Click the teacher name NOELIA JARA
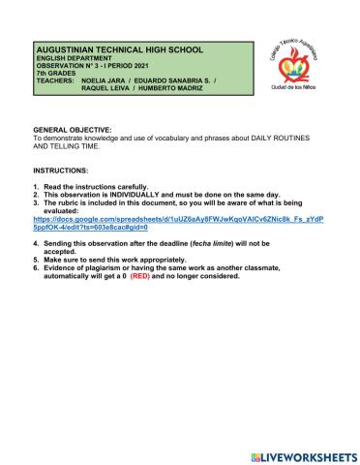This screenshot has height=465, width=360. (108, 82)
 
